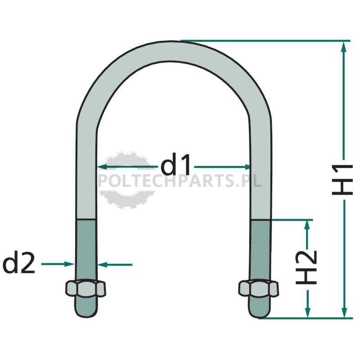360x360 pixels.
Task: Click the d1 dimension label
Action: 175,164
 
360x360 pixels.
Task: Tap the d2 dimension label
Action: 18,262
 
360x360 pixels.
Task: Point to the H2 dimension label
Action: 306,267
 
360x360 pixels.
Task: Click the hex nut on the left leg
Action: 85,288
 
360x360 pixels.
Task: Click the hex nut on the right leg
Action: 258,288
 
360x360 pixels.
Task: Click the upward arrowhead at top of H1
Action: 343,46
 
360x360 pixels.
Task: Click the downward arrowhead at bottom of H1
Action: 344,313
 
